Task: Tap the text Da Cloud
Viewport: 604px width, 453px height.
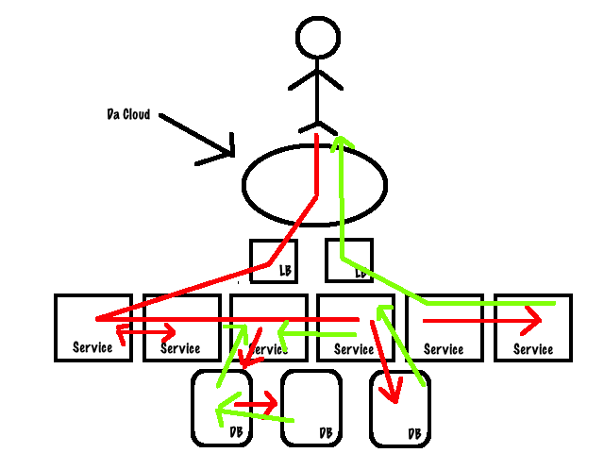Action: click(127, 115)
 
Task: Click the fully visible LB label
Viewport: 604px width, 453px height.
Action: click(285, 271)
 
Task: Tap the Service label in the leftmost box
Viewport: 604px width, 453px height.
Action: click(92, 347)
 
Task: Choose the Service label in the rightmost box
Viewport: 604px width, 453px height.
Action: click(533, 348)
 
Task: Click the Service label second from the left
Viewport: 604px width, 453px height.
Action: click(180, 348)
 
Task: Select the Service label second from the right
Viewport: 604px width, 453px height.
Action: click(444, 348)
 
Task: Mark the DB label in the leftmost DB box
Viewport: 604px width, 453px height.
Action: click(238, 432)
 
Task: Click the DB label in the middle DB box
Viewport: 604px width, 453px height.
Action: click(326, 432)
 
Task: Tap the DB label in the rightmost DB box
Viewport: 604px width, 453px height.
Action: click(414, 433)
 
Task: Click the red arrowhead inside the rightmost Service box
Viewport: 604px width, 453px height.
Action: click(534, 321)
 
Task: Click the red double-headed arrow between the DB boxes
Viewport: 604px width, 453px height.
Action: click(255, 406)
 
